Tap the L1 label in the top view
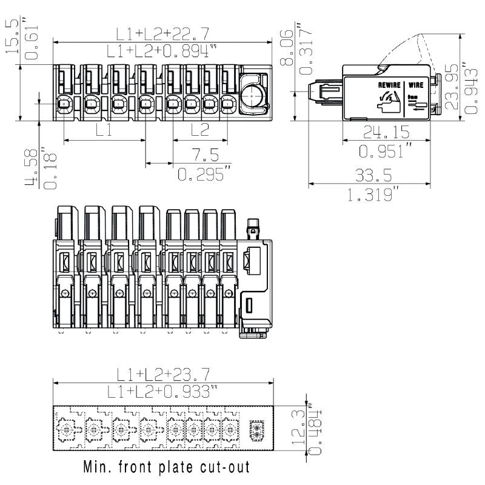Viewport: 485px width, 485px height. tap(104, 130)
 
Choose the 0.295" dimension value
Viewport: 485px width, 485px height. tap(204, 175)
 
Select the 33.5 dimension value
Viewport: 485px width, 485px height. tap(373, 175)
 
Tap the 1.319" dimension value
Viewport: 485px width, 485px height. tap(373, 195)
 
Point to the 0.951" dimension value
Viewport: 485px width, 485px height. tap(386, 150)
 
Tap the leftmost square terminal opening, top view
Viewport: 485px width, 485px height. tap(64, 104)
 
